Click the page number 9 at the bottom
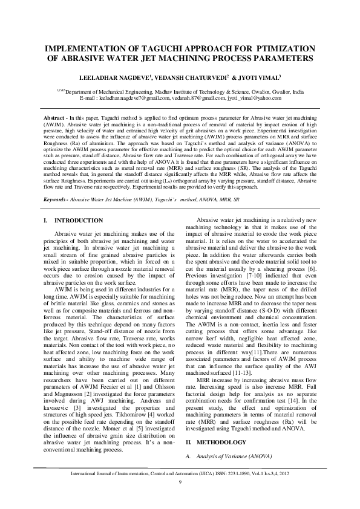click(180, 481)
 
